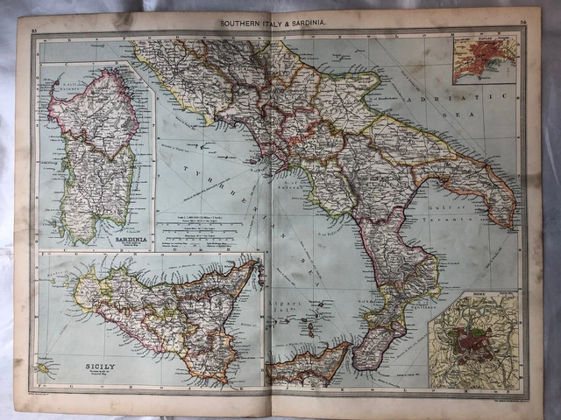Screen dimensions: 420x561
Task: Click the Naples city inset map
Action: [485, 59]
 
